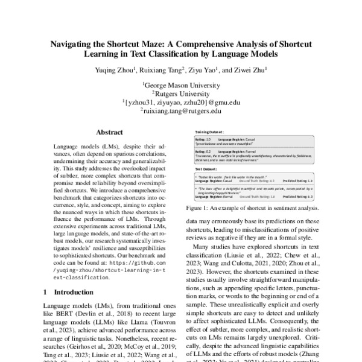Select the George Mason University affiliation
tap(182, 86)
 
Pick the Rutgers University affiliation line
tap(182, 94)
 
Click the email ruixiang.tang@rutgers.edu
tap(182, 111)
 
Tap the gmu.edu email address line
tap(182, 103)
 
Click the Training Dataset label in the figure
tap(208, 131)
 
